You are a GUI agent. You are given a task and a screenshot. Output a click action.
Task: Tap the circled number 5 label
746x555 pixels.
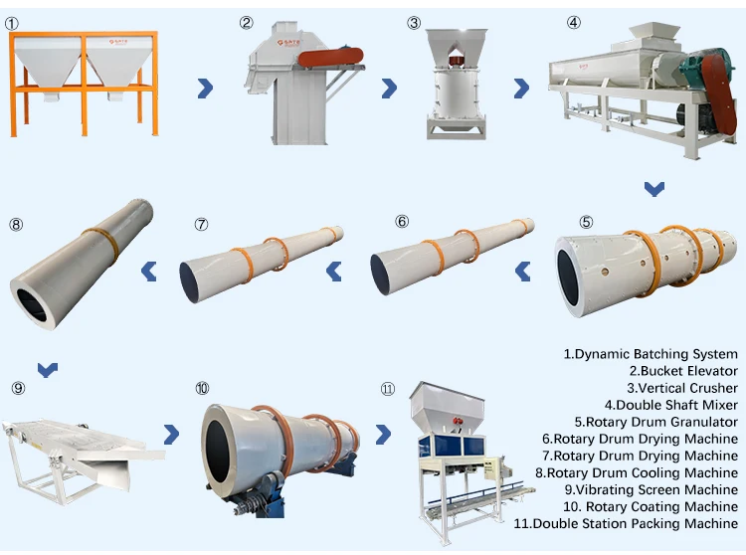click(x=586, y=222)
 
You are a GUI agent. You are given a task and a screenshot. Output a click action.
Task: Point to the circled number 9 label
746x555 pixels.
click(x=18, y=388)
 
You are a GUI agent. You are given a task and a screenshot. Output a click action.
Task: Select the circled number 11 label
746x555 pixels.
click(x=387, y=389)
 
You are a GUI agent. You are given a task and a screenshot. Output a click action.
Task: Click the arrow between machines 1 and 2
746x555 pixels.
click(x=205, y=89)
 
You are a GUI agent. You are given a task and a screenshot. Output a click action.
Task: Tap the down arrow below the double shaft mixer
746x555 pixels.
click(x=653, y=188)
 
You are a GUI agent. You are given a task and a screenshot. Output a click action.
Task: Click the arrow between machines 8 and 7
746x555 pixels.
click(x=149, y=270)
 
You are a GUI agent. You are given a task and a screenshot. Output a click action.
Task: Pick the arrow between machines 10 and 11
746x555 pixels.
click(x=383, y=434)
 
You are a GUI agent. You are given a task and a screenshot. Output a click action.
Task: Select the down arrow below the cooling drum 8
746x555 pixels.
click(x=47, y=369)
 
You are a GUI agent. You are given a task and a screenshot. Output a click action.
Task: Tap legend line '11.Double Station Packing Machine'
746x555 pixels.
click(x=626, y=523)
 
